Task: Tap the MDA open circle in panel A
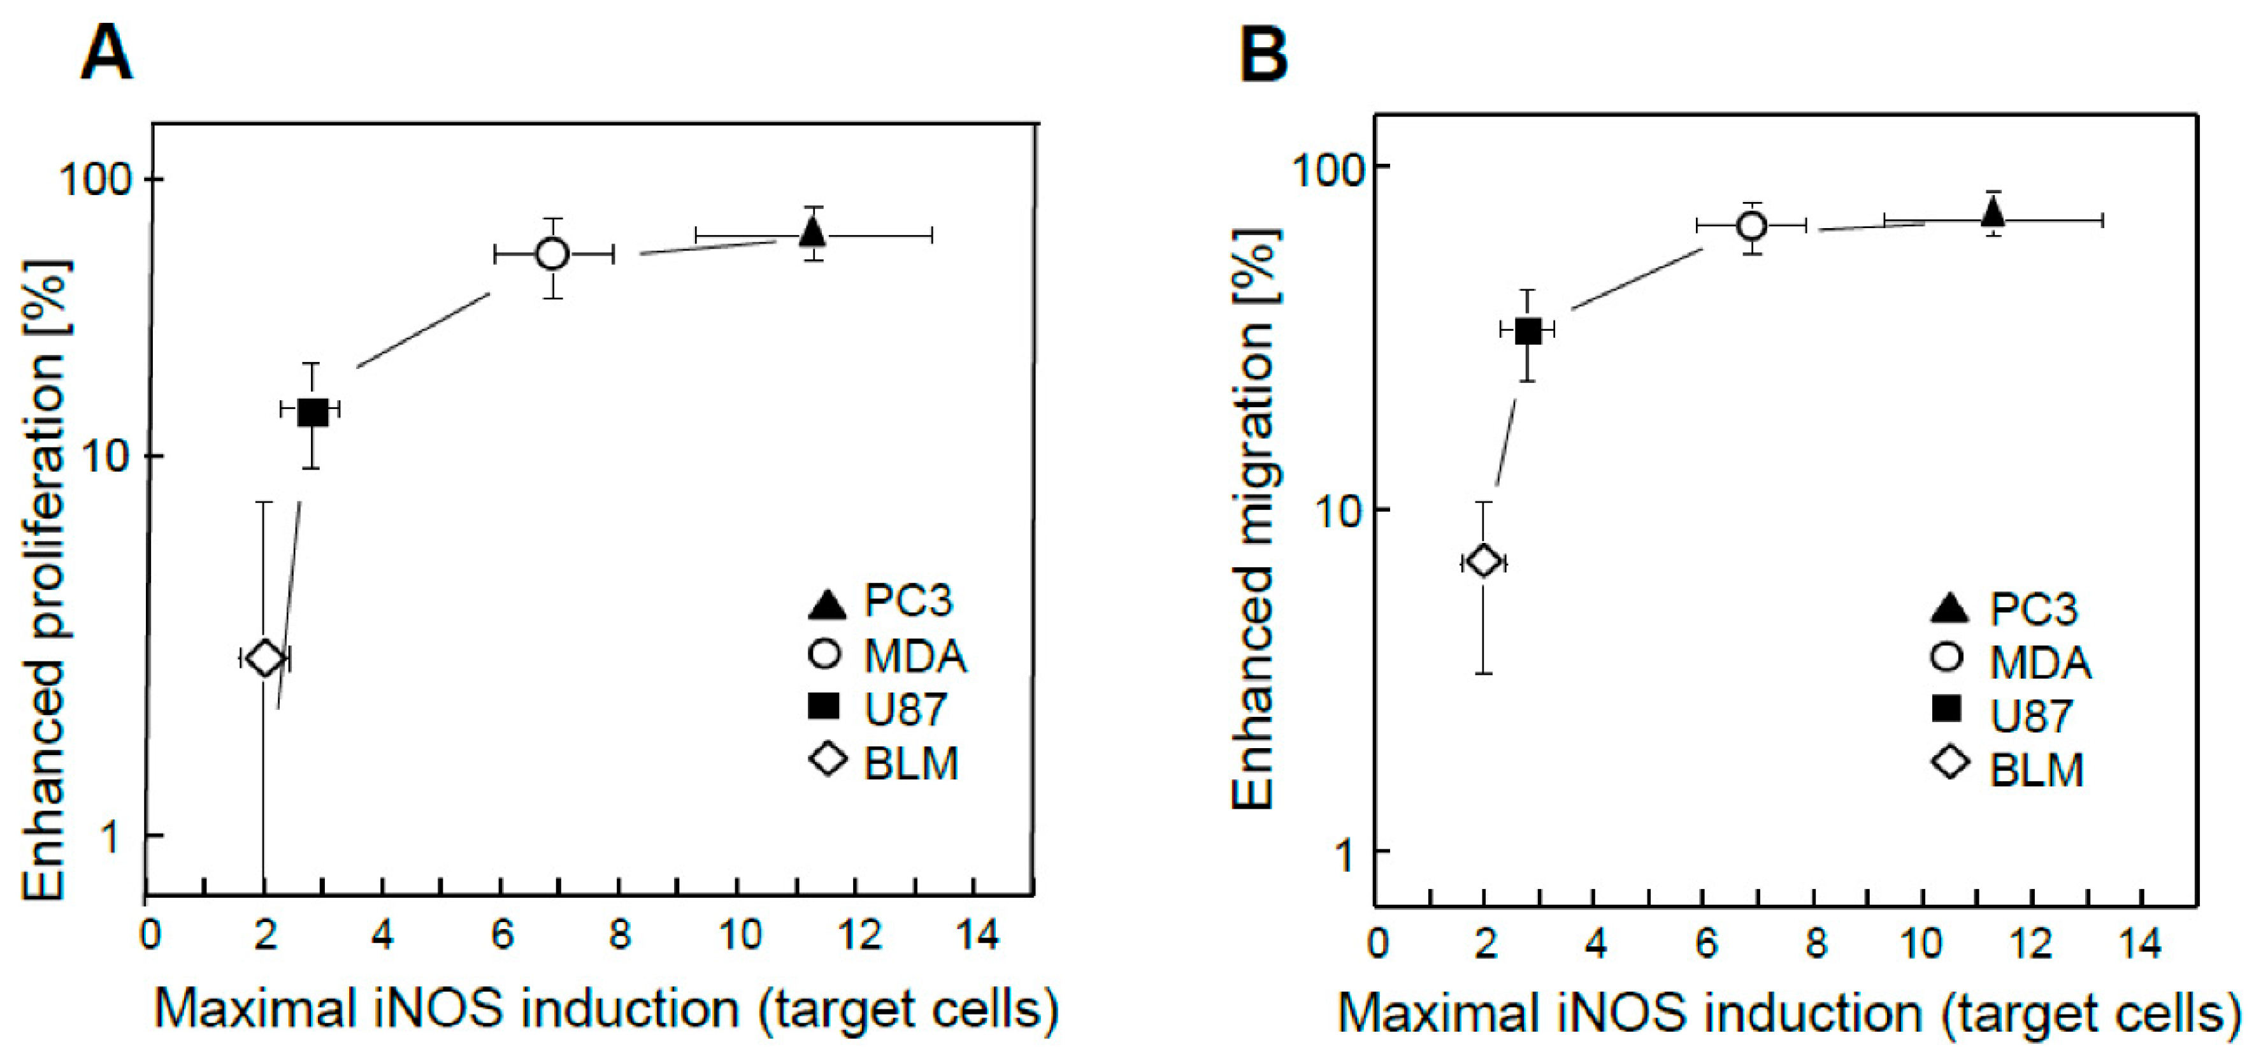[553, 254]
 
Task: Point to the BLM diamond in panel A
[264, 658]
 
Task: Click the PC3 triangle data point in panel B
[1992, 212]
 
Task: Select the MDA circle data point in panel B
[1751, 226]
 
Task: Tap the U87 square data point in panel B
[1528, 331]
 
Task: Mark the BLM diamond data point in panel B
[1483, 561]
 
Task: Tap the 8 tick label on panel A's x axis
[620, 935]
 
